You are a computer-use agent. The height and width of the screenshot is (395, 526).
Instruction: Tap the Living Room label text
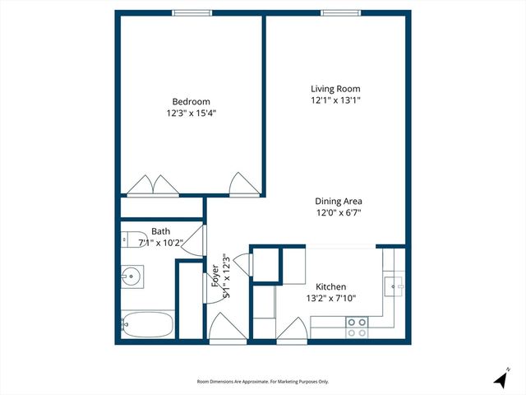coord(335,89)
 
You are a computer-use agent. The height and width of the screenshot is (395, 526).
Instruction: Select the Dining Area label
coord(338,201)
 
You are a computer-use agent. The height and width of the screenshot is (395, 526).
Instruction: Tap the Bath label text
coord(160,231)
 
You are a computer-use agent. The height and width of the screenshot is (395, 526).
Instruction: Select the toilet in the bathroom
coord(133,240)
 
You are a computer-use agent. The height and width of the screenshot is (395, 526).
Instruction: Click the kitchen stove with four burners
coord(357,327)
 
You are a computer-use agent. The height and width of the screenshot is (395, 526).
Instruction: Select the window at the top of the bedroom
coord(191,12)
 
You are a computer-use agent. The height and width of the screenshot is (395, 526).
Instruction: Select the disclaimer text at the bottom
coord(262,381)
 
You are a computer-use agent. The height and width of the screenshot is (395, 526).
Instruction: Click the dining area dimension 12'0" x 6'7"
coord(338,212)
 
